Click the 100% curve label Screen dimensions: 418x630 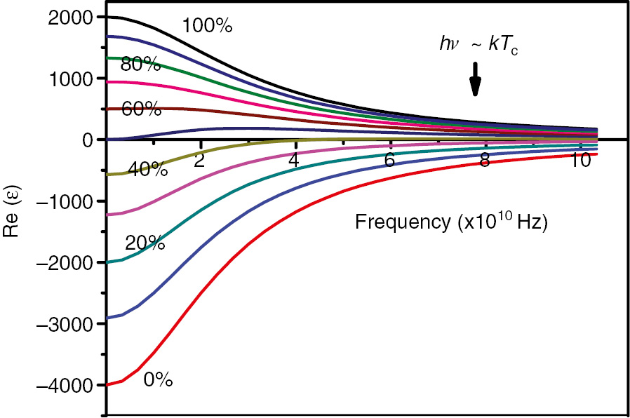point(207,26)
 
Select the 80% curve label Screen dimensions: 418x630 point(141,65)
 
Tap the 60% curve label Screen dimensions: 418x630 point(142,109)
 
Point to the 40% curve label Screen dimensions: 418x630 point(147,169)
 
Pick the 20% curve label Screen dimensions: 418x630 point(145,243)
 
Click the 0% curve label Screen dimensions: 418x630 point(158,379)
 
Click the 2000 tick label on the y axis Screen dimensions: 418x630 point(69,18)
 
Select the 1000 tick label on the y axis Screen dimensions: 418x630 point(69,79)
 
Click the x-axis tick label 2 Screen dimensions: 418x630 point(199,160)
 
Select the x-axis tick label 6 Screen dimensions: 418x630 point(389,160)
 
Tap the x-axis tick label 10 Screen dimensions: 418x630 point(579,160)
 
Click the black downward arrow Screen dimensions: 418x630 point(475,79)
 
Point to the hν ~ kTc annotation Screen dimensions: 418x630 point(478,46)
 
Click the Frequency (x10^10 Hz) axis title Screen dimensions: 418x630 point(451,222)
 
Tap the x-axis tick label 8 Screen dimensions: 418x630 point(484,160)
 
